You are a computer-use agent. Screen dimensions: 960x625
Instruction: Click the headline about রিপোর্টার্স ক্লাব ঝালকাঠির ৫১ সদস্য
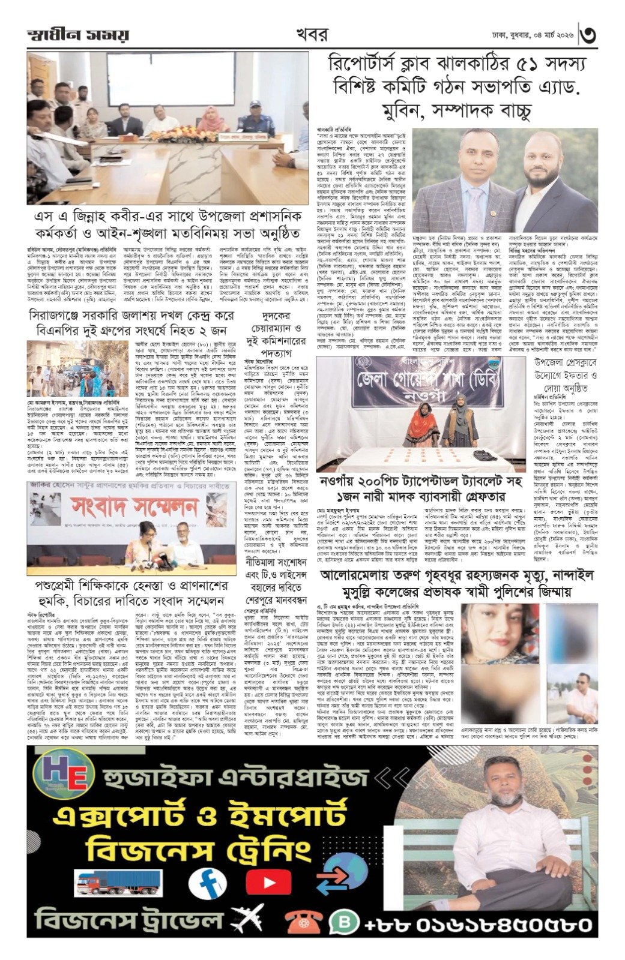(x=456, y=87)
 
